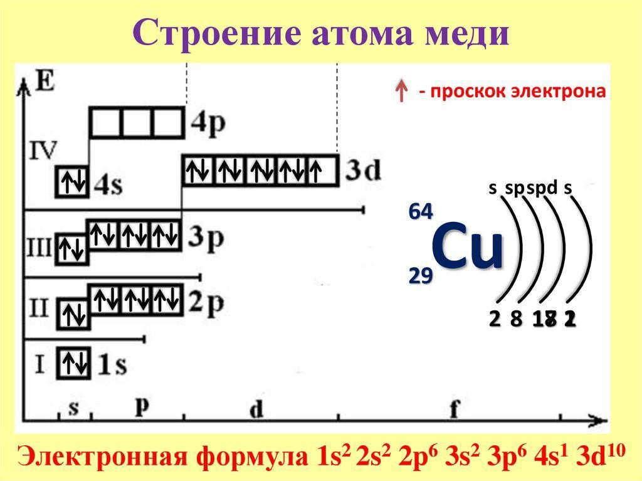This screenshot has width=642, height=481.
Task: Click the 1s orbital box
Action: (73, 364)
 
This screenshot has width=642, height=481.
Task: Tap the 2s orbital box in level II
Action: (73, 314)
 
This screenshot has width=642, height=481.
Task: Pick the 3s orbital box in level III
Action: (73, 250)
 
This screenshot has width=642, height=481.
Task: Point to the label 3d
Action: (362, 171)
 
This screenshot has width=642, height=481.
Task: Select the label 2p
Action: (206, 302)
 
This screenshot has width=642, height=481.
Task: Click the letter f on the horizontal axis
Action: (454, 408)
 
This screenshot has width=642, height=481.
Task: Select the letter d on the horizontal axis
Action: (256, 409)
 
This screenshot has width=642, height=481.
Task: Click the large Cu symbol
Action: (468, 248)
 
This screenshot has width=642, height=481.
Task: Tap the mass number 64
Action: (420, 212)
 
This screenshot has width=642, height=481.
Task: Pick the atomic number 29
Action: (420, 275)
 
